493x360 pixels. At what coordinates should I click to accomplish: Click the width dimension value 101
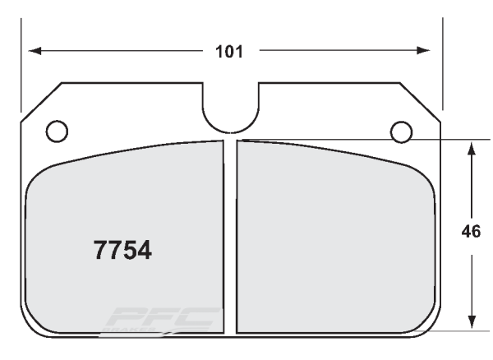(229, 52)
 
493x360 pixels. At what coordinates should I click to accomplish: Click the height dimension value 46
(472, 232)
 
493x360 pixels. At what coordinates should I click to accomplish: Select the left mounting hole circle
(57, 130)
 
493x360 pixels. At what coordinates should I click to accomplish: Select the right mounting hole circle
(400, 130)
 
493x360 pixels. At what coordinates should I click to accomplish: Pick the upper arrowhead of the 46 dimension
(471, 147)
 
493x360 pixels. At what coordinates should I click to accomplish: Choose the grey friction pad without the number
(333, 238)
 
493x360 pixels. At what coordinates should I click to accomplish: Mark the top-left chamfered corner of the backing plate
(41, 101)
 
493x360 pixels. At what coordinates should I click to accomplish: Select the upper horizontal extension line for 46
(444, 140)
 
